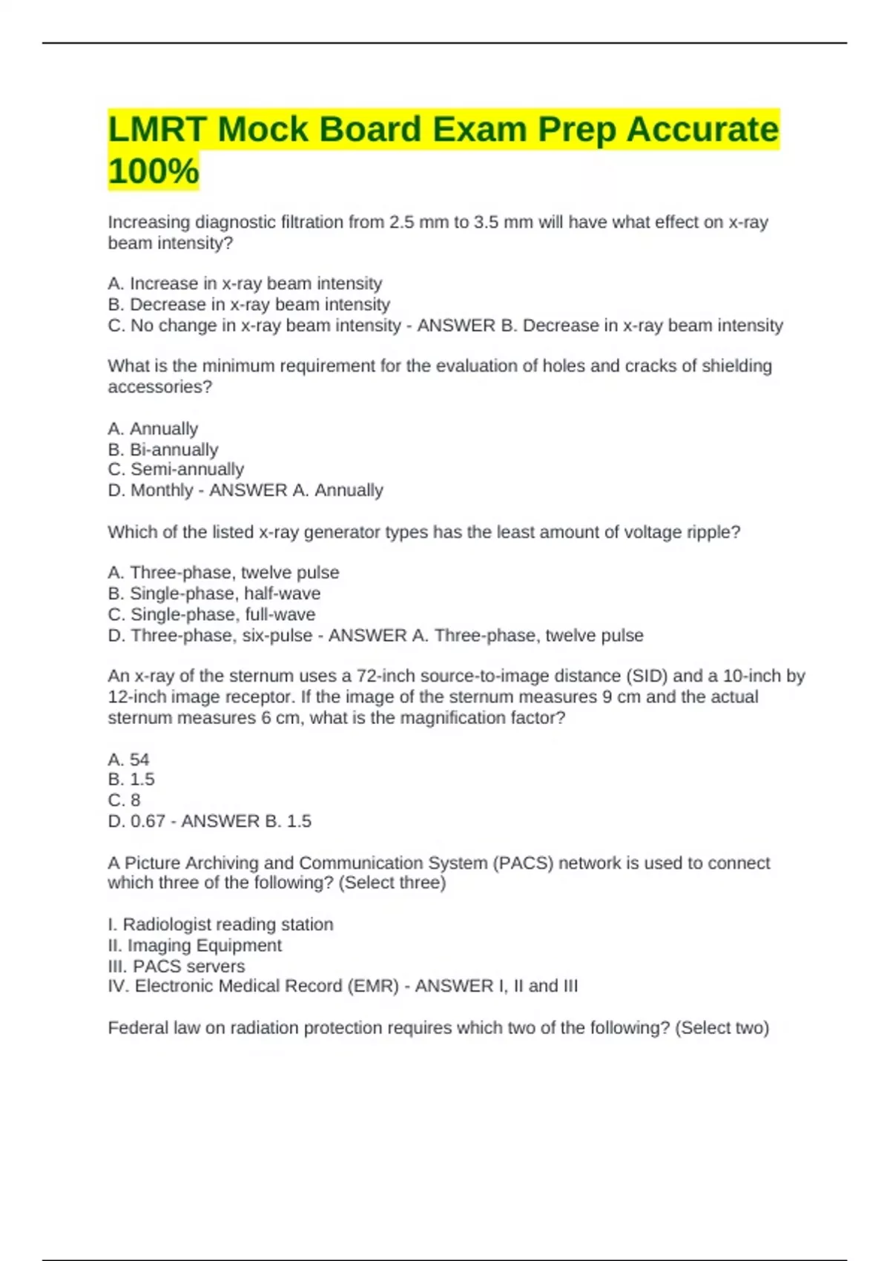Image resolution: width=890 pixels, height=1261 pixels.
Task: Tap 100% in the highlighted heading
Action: [x=154, y=171]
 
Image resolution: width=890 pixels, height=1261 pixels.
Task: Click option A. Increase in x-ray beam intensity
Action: [x=245, y=283]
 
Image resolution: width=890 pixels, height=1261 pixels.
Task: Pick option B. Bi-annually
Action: [x=163, y=450]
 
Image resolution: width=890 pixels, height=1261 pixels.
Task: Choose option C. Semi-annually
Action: [x=176, y=470]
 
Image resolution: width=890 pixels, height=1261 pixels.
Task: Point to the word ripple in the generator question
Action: [x=713, y=532]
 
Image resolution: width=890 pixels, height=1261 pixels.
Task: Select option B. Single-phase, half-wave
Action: [x=214, y=593]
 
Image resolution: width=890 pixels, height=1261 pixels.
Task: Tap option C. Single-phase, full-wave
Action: [x=211, y=614]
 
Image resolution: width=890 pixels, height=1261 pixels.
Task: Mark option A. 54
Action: [x=128, y=760]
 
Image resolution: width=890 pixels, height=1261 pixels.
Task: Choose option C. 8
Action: [x=124, y=800]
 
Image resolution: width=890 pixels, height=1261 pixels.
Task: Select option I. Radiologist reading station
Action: [x=220, y=924]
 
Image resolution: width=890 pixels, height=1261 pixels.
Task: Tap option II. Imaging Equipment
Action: [x=194, y=945]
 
